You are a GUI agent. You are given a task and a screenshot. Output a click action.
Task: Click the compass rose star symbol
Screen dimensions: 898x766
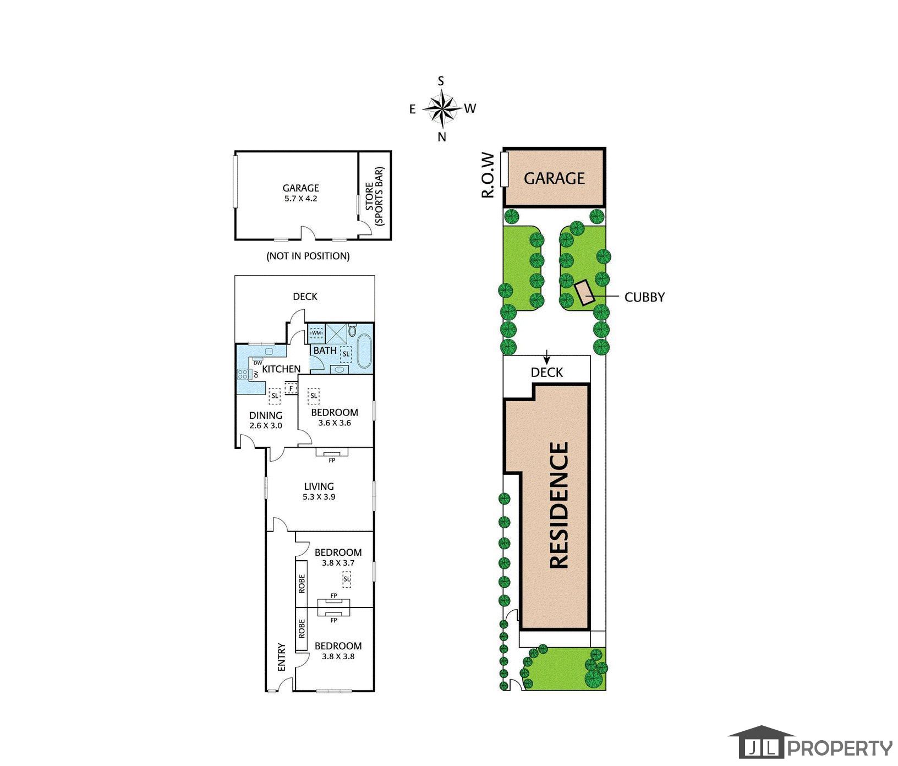click(441, 108)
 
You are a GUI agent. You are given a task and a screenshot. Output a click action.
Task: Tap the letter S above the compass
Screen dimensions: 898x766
click(441, 81)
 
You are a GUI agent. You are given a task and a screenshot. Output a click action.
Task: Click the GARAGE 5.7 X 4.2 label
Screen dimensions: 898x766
click(301, 193)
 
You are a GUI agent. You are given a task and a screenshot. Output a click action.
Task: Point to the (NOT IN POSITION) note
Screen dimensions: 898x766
click(308, 256)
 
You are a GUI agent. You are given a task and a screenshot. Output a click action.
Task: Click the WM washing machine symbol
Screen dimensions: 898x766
click(316, 333)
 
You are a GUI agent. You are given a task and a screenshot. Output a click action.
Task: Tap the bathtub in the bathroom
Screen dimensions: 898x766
click(364, 351)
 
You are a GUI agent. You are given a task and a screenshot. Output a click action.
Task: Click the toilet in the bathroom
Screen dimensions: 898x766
click(352, 331)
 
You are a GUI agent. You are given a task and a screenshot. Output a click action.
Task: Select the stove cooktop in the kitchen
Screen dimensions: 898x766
click(243, 374)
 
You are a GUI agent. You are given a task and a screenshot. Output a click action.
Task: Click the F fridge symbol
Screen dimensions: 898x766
click(291, 389)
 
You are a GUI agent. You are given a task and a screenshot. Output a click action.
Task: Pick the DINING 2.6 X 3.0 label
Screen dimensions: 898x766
click(266, 420)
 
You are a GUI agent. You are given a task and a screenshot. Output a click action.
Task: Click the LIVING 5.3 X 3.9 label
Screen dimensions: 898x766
click(319, 491)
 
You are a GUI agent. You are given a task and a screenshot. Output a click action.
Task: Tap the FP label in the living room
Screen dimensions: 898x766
click(332, 461)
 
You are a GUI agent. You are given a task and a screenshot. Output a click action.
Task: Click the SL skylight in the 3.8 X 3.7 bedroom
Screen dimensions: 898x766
click(347, 579)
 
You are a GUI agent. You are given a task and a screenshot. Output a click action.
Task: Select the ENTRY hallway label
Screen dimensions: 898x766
click(282, 657)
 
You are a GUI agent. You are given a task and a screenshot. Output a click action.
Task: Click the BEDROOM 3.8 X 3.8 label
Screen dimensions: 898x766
click(338, 651)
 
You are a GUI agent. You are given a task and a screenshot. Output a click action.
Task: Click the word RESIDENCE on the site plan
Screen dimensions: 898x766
click(559, 505)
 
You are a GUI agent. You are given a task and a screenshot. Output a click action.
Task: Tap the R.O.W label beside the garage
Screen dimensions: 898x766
click(488, 175)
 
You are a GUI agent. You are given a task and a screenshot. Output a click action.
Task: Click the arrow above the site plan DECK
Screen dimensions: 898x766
click(546, 356)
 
